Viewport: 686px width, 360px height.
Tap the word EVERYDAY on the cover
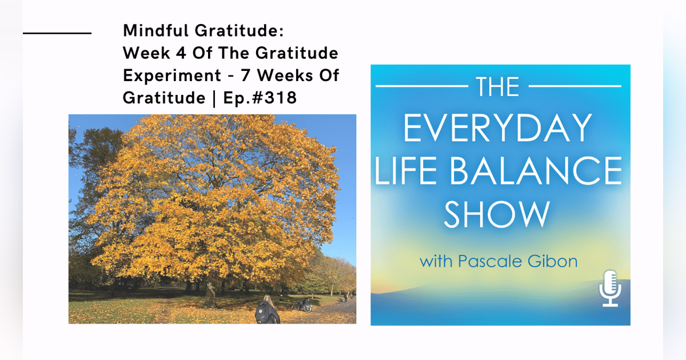tap(497, 128)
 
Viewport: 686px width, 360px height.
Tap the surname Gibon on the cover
tap(557, 262)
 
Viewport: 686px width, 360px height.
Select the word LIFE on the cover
tap(406, 170)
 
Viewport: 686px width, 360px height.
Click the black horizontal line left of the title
tap(57, 33)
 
